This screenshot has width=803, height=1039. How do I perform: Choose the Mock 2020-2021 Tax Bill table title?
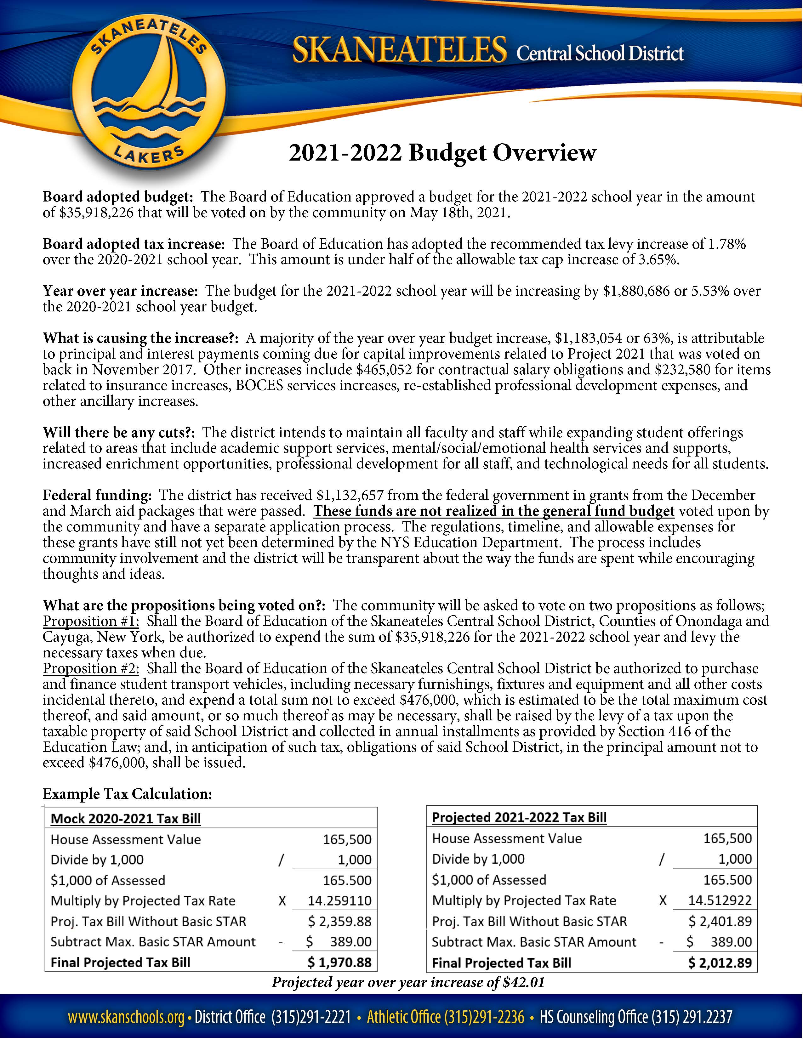126,819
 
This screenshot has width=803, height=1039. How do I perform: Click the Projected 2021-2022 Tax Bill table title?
519,818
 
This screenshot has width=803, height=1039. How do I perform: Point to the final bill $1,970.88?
339,963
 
